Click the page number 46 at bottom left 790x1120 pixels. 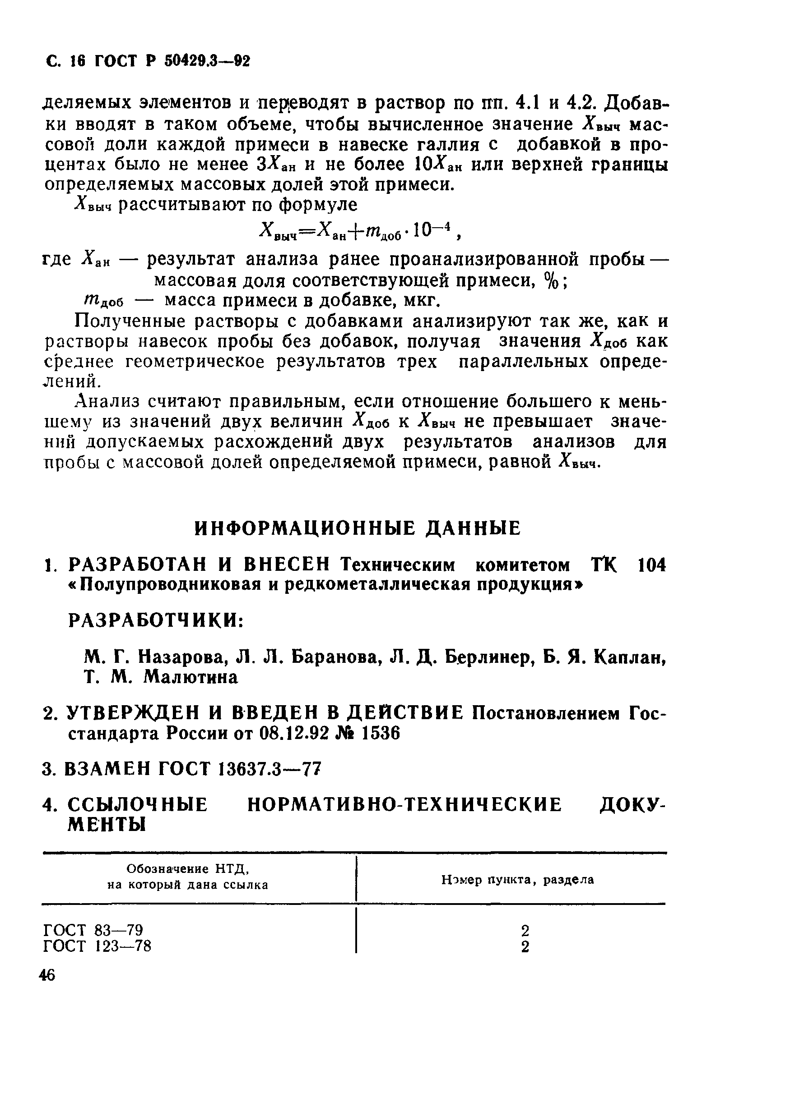point(48,975)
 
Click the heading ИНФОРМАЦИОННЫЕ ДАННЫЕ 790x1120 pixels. point(358,528)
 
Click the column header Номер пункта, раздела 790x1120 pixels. point(517,880)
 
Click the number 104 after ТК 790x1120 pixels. point(651,565)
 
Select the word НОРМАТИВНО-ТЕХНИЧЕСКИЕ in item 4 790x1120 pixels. point(405,805)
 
